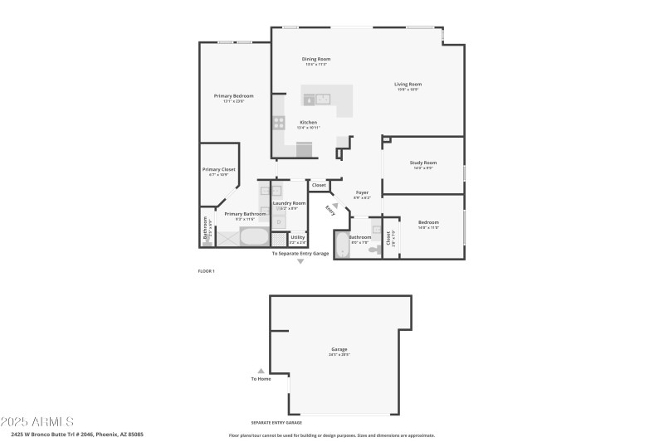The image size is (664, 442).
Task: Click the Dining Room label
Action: point(316,59)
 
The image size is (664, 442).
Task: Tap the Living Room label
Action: point(408,84)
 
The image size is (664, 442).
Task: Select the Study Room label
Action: point(422,163)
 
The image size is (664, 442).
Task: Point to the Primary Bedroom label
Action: point(233,96)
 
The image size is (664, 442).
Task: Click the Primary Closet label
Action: point(219,169)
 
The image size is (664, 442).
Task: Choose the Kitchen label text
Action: point(308,123)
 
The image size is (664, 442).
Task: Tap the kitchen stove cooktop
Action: point(278,124)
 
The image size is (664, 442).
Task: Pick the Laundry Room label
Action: point(289,203)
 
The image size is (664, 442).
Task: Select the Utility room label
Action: point(297,236)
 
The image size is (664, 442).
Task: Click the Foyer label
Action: point(362,192)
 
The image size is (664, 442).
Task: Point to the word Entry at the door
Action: point(330,211)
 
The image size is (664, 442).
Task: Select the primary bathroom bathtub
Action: point(255,237)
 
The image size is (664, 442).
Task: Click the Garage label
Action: point(339,350)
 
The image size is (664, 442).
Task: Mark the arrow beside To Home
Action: point(261,372)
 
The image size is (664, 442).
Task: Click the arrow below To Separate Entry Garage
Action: point(300,261)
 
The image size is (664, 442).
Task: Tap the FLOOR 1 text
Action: point(206,271)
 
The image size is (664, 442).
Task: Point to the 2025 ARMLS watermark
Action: point(38,422)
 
